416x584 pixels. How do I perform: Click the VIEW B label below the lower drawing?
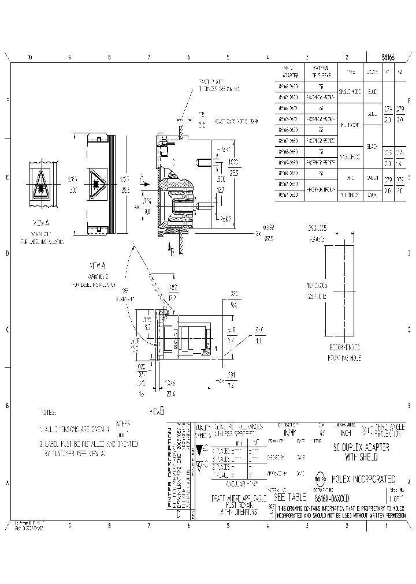[x=157, y=411]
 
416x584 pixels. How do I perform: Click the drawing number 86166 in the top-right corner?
[x=389, y=57]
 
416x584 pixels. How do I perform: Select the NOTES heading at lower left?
[x=49, y=413]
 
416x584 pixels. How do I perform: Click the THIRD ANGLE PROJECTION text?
[x=388, y=428]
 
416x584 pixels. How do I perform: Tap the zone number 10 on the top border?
[x=29, y=57]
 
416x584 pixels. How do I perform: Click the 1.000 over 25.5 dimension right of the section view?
[x=233, y=167]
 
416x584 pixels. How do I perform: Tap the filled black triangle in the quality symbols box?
[x=200, y=449]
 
